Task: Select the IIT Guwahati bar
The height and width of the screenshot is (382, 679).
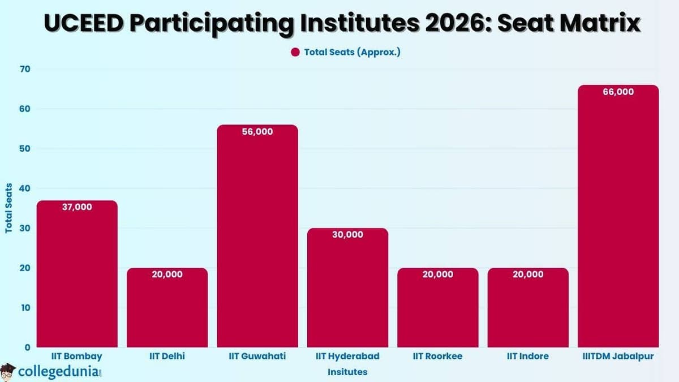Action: tap(257, 238)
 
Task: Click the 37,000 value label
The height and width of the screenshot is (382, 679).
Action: tap(77, 207)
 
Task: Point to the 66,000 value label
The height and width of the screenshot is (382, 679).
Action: tap(618, 92)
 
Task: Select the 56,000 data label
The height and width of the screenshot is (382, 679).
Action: tap(257, 131)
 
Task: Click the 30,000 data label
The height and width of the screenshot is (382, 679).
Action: tap(347, 234)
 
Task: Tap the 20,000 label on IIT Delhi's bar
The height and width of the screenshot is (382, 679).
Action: tap(167, 274)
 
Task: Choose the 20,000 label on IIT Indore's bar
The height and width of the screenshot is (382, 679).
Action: tap(528, 274)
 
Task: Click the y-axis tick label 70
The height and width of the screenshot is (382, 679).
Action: tap(25, 69)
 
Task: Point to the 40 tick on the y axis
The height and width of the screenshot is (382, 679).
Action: tap(25, 188)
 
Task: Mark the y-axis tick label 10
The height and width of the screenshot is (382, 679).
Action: tap(25, 308)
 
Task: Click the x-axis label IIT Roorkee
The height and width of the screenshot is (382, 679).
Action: tap(437, 357)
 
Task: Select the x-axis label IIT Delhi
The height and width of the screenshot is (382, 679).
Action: tap(167, 357)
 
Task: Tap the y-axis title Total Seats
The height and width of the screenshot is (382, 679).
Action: tap(8, 208)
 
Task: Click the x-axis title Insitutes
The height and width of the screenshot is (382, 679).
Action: tap(347, 372)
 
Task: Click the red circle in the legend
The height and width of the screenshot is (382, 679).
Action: tap(295, 52)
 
